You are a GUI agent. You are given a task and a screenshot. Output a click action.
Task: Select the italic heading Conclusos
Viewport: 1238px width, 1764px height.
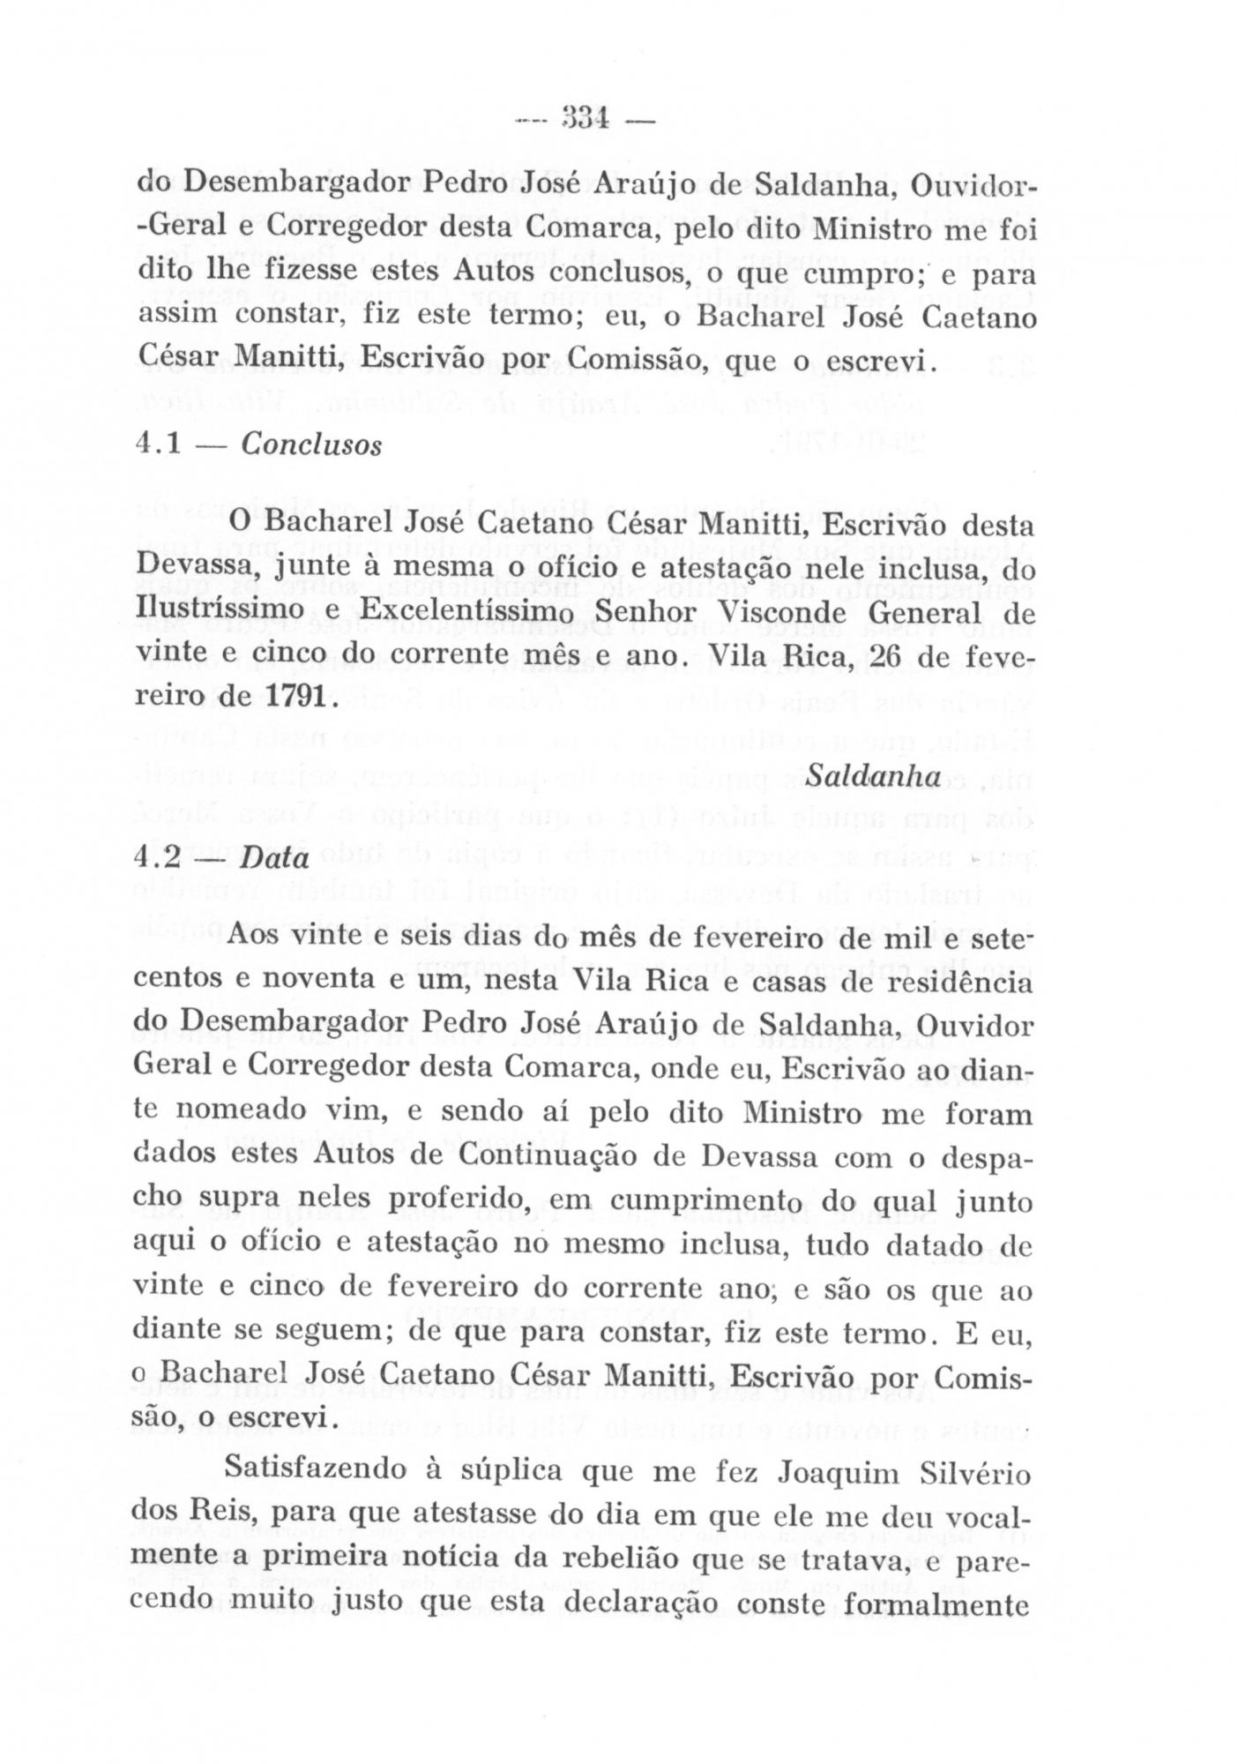pos(311,444)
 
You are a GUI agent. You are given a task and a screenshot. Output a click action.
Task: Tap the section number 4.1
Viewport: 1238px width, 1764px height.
pos(160,444)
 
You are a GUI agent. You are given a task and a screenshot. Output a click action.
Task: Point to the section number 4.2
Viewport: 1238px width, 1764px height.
pos(160,857)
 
